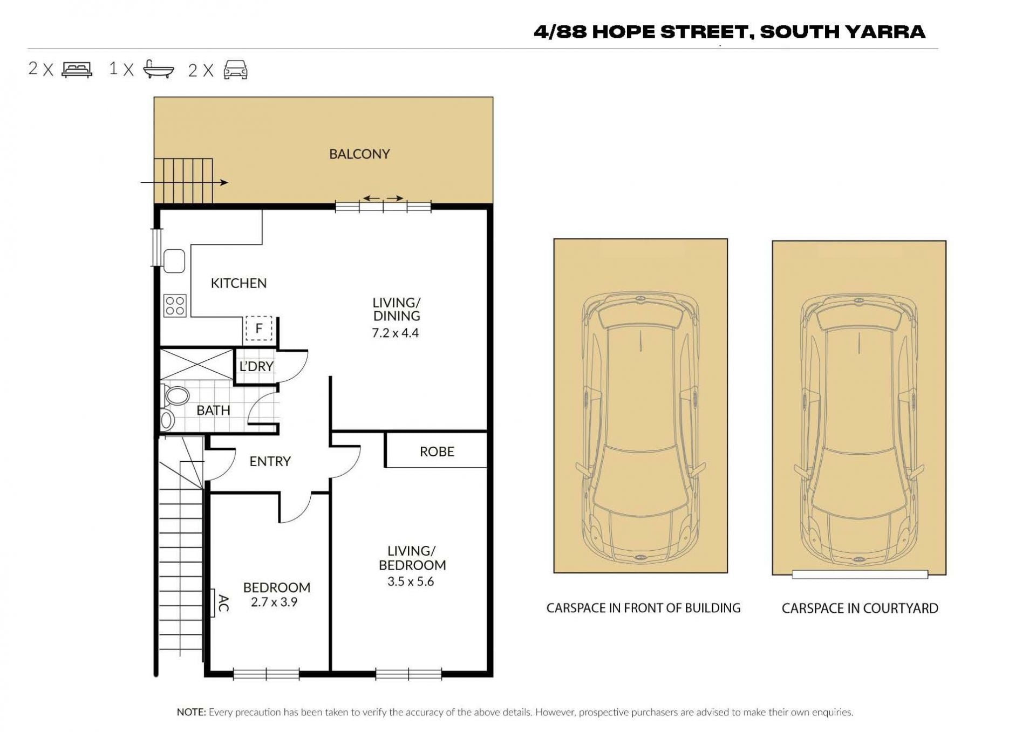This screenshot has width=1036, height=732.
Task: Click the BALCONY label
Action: coord(359,154)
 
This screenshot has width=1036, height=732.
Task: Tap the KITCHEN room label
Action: coord(238,283)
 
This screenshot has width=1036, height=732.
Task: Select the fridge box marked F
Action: coord(259,328)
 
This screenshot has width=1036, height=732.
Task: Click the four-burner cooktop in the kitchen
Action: coord(175,305)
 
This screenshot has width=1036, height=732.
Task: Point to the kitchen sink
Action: coord(174,261)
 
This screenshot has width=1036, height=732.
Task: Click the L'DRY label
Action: coord(256,366)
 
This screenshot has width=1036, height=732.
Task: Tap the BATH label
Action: coord(213,411)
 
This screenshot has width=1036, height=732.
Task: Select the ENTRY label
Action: coord(270,461)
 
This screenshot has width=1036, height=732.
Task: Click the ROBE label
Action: coord(437,451)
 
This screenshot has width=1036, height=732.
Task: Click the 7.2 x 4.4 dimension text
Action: coord(396,333)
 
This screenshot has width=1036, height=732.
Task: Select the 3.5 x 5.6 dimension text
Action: coord(411,582)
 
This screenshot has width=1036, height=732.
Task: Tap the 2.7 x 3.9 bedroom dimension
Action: coord(274,602)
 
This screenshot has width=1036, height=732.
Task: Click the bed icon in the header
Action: coord(77,70)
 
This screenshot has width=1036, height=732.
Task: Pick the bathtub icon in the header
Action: coord(159,70)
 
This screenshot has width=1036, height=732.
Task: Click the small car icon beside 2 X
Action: coord(235,70)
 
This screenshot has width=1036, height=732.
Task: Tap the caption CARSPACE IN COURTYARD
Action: coord(860,608)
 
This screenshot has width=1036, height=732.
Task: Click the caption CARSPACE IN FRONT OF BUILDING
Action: coord(643,608)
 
